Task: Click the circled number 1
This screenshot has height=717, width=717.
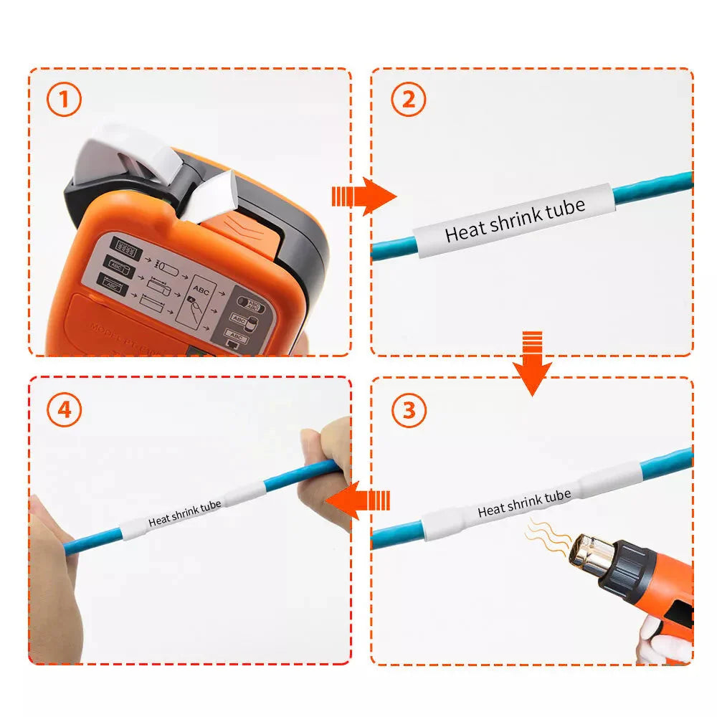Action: click(x=65, y=100)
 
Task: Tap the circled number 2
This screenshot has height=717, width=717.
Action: click(x=408, y=100)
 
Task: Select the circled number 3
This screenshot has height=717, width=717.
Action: click(x=409, y=411)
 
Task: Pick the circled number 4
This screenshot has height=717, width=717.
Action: click(x=65, y=410)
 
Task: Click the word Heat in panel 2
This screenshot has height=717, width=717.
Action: click(x=465, y=231)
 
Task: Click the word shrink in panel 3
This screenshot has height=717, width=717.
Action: click(x=525, y=503)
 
